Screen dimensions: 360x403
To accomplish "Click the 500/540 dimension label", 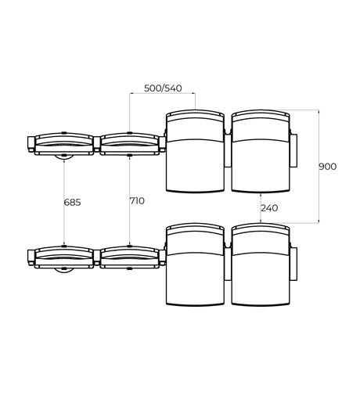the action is tap(163, 88).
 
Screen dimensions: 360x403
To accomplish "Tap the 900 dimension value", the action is tap(328, 167).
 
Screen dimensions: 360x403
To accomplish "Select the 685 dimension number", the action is tap(72, 202).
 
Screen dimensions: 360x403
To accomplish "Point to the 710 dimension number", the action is tap(137, 201).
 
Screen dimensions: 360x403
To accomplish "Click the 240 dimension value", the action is tap(269, 208).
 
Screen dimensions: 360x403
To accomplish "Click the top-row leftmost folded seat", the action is tap(64, 144).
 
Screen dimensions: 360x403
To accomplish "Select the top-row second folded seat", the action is tap(130, 144).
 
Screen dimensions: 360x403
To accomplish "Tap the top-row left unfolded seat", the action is tap(195, 151).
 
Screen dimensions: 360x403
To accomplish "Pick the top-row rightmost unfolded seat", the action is tap(261, 151).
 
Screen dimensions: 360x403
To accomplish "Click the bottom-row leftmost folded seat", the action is tap(64, 257).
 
